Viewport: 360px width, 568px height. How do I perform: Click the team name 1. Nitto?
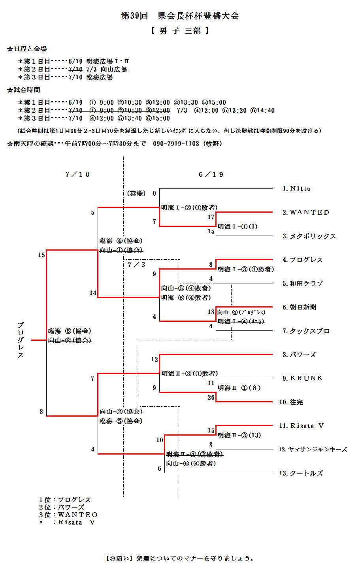(297, 189)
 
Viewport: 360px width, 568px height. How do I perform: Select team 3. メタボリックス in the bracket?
(309, 236)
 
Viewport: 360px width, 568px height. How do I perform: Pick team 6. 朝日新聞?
(299, 308)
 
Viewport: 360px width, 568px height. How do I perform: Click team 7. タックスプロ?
(306, 331)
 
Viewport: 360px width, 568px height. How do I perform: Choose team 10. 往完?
(291, 402)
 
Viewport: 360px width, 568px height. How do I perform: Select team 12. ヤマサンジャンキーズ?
(313, 450)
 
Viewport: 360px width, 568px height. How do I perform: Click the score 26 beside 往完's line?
(211, 398)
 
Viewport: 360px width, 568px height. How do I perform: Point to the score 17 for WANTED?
(211, 217)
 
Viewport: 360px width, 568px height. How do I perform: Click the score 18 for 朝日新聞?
(211, 312)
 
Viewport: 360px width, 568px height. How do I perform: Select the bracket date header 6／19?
(211, 174)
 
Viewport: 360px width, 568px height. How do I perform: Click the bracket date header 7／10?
(78, 174)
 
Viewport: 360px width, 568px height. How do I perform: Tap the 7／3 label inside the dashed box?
(137, 265)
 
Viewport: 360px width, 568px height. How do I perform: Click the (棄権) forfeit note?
(136, 194)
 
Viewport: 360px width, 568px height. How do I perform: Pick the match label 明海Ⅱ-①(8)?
(239, 388)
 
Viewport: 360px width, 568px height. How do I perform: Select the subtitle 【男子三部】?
(180, 31)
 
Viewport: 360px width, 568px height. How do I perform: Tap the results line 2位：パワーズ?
(62, 508)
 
